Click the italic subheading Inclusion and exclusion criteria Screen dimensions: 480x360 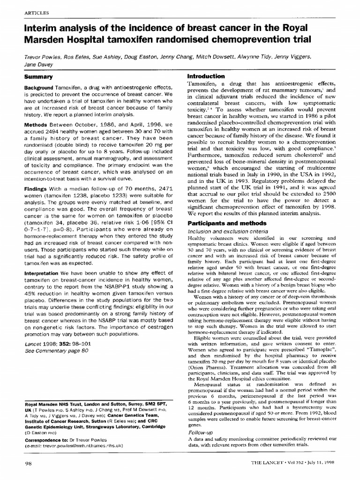click(221, 231)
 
